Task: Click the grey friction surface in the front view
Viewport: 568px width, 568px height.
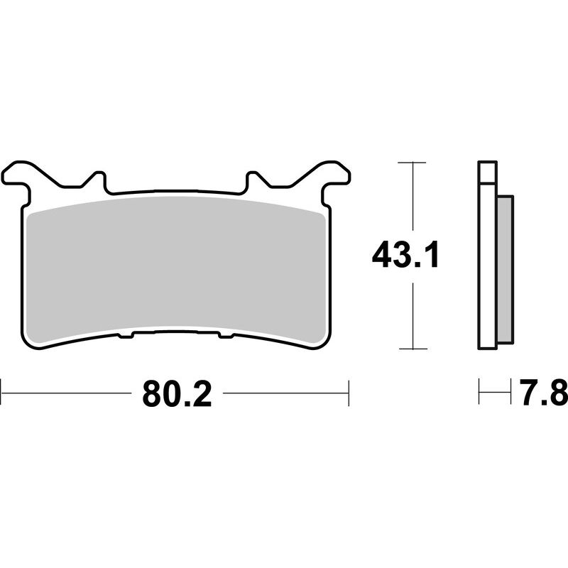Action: click(x=177, y=270)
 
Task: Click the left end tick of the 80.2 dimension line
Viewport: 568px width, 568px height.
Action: click(x=1, y=392)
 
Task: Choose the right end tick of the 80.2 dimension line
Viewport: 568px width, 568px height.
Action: click(x=349, y=392)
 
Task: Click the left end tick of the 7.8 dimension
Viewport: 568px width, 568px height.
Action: click(x=480, y=392)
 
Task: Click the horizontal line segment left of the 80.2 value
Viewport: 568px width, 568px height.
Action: click(x=71, y=392)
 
